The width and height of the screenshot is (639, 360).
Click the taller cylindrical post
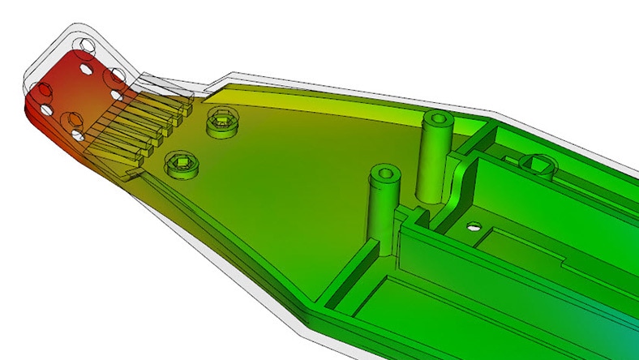(x=435, y=158)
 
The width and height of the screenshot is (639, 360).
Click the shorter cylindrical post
(x=383, y=207)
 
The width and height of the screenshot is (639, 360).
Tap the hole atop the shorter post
(x=384, y=172)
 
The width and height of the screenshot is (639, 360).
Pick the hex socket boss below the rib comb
(x=181, y=165)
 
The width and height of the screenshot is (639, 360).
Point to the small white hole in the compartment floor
(x=473, y=228)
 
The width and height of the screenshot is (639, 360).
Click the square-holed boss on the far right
(x=538, y=167)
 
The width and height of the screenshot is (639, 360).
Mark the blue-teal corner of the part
(x=624, y=336)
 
